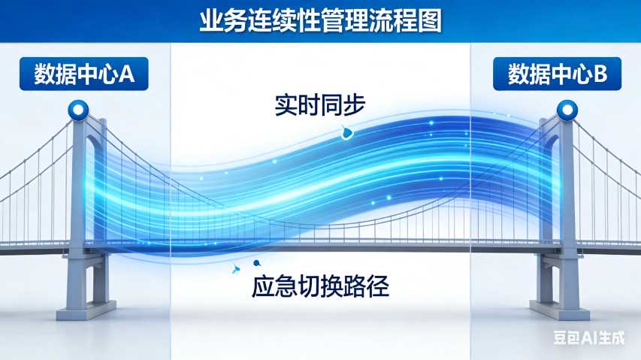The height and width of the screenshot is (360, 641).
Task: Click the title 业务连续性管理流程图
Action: click(320, 20)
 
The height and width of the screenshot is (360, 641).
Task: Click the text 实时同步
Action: click(320, 104)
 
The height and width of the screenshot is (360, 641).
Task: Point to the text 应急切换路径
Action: click(320, 286)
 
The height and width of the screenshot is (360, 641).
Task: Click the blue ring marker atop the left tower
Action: click(77, 110)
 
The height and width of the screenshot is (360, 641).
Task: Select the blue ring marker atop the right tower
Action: click(566, 110)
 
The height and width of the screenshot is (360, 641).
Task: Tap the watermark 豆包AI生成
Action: click(589, 338)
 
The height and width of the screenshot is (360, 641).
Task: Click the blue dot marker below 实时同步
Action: click(347, 134)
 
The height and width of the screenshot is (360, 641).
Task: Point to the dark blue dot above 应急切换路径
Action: click(256, 263)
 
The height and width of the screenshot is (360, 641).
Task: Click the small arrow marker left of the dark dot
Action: click(237, 268)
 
